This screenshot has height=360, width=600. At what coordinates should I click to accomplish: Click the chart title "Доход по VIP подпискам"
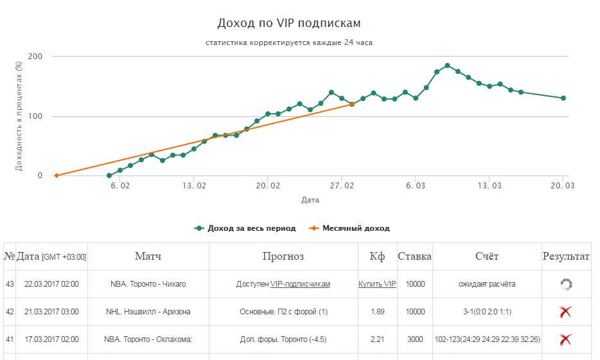coord(289,23)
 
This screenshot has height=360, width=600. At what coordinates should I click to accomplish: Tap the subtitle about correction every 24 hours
coord(289,43)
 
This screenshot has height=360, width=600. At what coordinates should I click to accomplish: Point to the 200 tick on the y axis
coord(35,57)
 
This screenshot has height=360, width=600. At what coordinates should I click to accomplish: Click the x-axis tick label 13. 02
coord(194,185)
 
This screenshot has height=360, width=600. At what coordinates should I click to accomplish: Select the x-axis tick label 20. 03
coord(563,185)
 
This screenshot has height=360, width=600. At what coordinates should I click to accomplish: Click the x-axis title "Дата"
coord(310,200)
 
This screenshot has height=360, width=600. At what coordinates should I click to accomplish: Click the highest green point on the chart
coord(447,66)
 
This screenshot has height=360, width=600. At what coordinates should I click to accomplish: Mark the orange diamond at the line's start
coord(57,175)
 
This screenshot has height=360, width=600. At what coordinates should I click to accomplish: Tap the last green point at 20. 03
coord(563,98)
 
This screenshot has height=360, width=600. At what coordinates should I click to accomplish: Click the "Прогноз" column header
coord(283,256)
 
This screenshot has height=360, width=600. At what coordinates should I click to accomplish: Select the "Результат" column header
coord(566,256)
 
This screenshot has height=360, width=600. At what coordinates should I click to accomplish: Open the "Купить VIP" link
coord(377,284)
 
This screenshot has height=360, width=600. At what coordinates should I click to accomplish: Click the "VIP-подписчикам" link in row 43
coord(300,284)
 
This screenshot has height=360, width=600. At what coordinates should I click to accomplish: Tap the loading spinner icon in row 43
coord(565,284)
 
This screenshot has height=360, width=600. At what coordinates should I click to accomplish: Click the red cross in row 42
coord(565,312)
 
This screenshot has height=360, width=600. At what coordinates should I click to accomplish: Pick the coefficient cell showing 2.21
coord(377,339)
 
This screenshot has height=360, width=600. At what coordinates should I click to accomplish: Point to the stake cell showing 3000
coord(414,339)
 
